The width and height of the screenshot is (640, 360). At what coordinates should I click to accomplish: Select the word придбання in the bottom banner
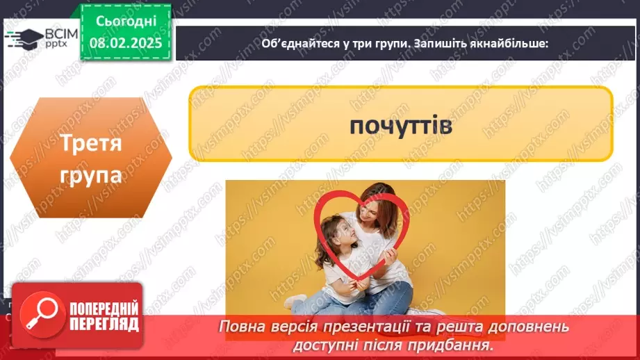click(x=462, y=344)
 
